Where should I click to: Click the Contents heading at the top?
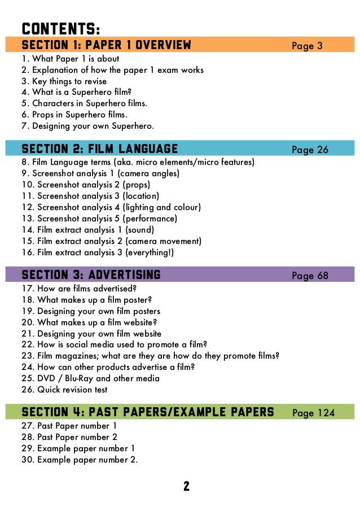[x=61, y=28]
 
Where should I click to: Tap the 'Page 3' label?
[x=307, y=46]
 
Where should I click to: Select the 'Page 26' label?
[x=310, y=150]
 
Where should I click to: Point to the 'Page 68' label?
[x=310, y=276]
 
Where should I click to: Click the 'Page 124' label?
[x=313, y=413]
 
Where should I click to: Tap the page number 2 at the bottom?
[x=186, y=486]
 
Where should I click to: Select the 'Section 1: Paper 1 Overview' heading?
[x=106, y=45]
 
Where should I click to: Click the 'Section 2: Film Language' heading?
[x=99, y=149]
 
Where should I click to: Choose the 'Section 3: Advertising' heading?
[x=91, y=275]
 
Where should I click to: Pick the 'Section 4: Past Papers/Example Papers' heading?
[x=147, y=412]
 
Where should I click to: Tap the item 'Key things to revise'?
[x=64, y=81]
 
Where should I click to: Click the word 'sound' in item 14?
[x=140, y=230]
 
